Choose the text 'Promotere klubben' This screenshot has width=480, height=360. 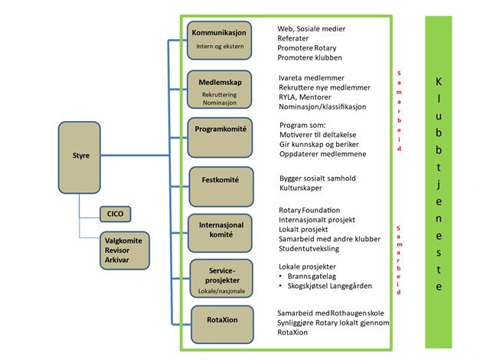[x=310, y=58]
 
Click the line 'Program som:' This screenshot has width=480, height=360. [x=302, y=125]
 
